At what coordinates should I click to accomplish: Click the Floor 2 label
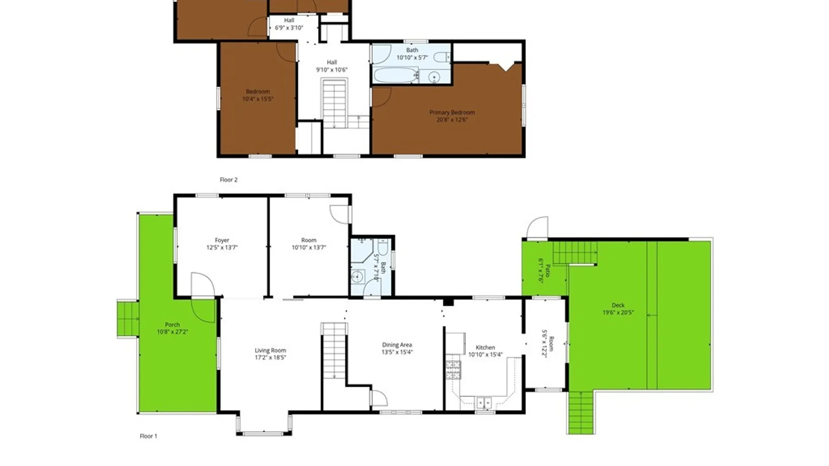[228, 179]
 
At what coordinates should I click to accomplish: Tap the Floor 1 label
[149, 436]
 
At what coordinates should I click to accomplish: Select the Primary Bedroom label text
[452, 112]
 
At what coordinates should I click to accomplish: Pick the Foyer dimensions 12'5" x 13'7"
[222, 248]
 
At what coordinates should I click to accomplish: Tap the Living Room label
[270, 350]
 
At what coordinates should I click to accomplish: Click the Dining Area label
[397, 345]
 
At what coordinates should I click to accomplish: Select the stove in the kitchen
[453, 370]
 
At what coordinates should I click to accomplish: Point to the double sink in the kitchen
[484, 403]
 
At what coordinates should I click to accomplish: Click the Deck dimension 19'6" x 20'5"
[618, 312]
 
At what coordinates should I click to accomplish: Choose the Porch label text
[172, 324]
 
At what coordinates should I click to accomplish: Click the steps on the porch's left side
[128, 319]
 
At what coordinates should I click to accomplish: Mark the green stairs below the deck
[581, 412]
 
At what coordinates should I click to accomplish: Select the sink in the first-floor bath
[357, 277]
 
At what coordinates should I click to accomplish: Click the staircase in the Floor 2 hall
[335, 104]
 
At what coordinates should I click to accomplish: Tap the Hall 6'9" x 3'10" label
[289, 24]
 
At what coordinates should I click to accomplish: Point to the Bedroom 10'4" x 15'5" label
[258, 95]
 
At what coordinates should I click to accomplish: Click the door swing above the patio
[537, 227]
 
